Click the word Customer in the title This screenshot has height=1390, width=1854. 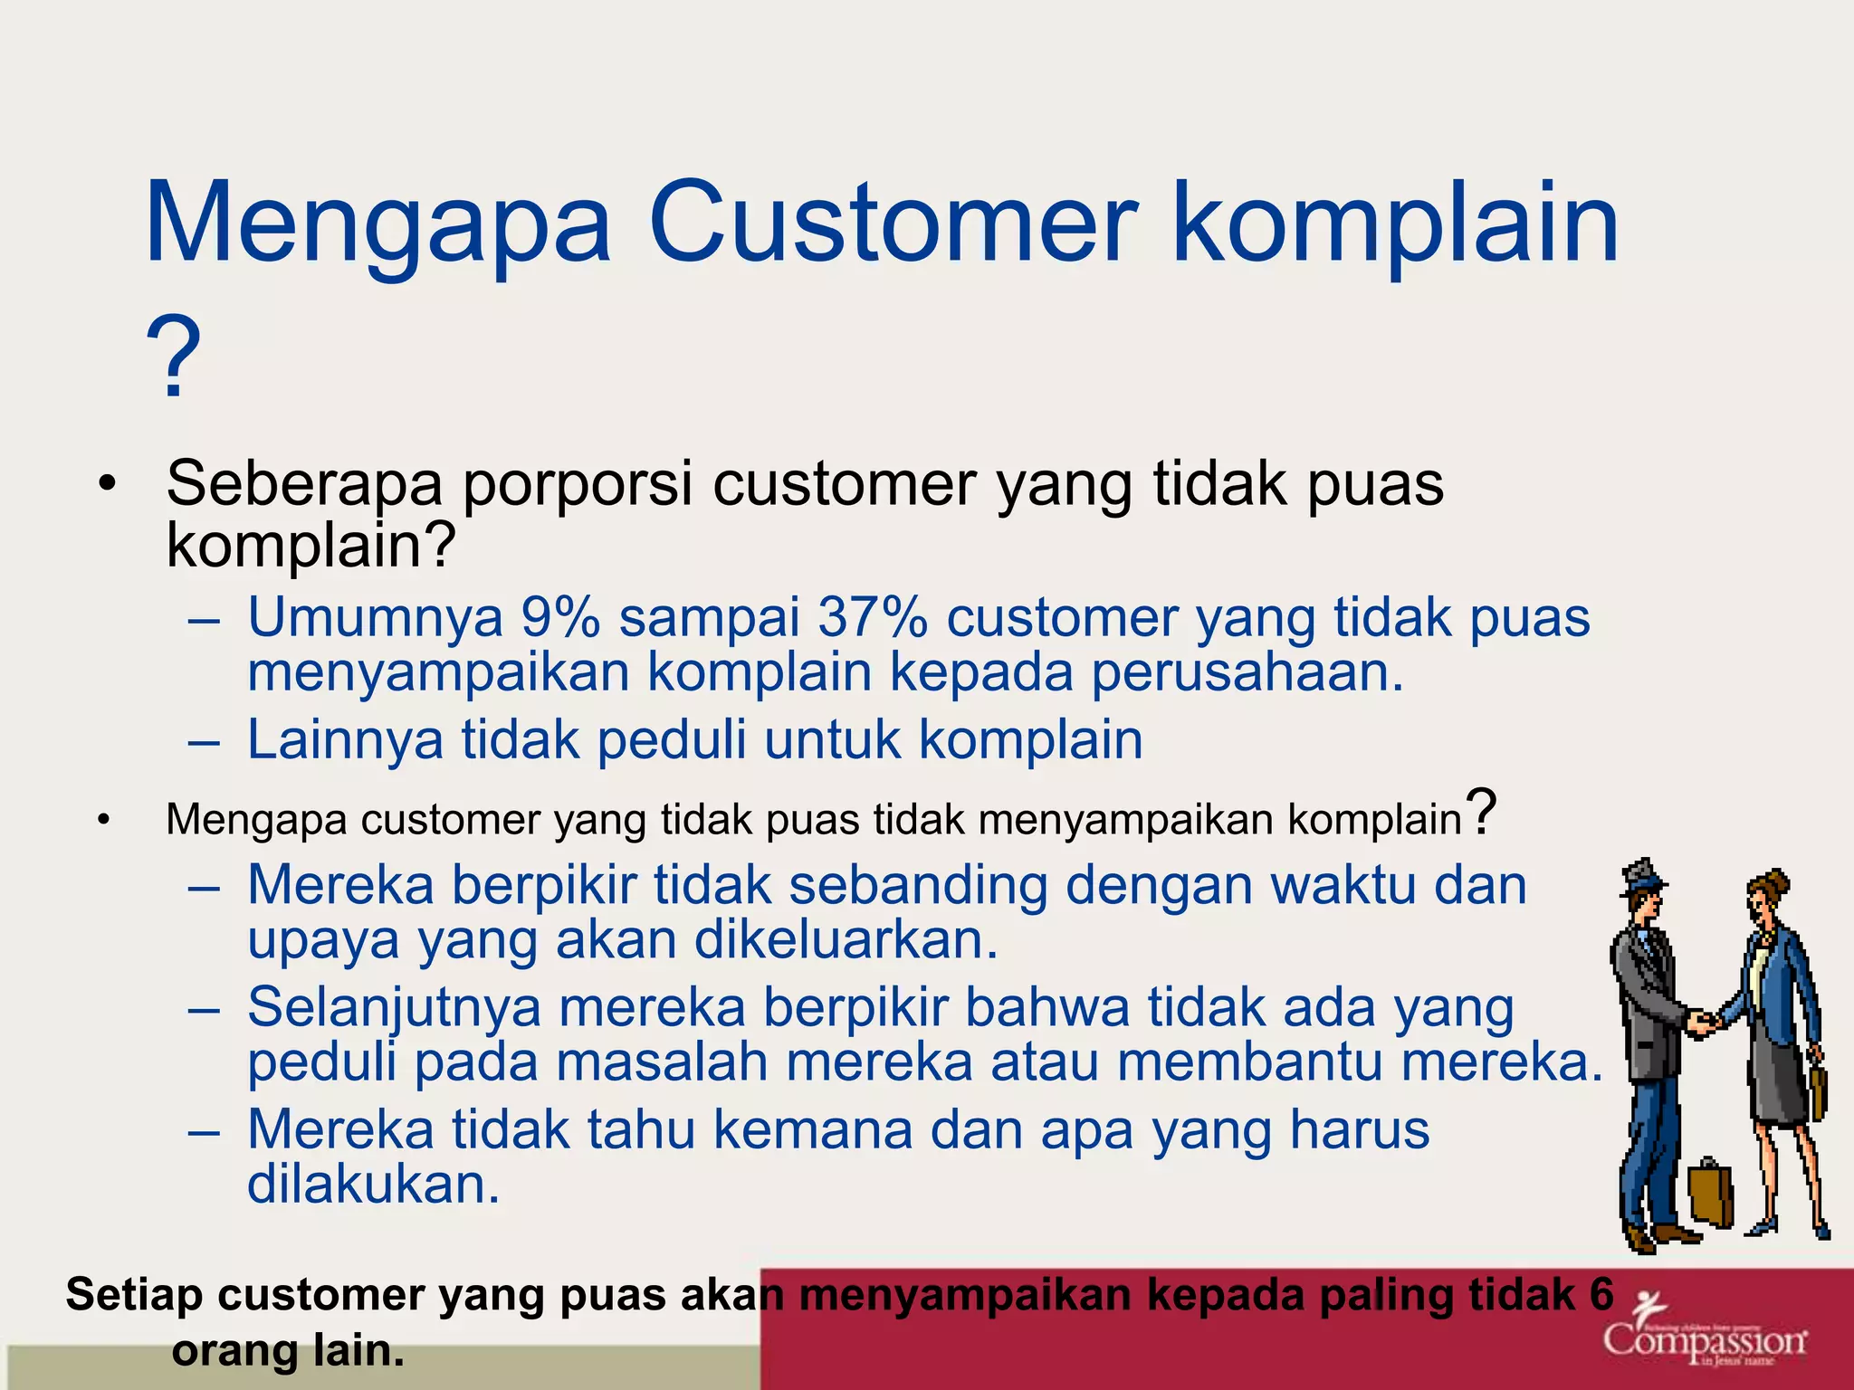pos(892,223)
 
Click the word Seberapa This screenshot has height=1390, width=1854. pos(304,484)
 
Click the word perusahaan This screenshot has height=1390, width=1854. pos(1247,672)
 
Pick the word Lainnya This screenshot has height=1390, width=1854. pos(345,739)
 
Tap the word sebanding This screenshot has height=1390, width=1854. pos(917,884)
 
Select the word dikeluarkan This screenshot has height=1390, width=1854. pos(846,939)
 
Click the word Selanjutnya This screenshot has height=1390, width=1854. pos(394,1008)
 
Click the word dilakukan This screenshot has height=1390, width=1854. pos(373,1184)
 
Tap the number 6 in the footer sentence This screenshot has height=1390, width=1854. pos(1601,1294)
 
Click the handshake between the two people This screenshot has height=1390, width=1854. pos(1705,1023)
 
